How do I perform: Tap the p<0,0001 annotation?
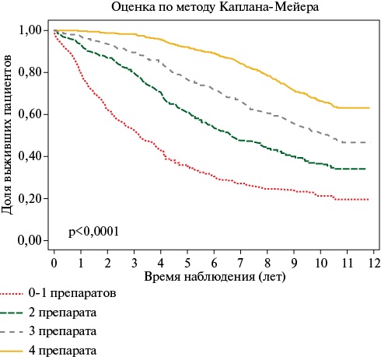[x=94, y=232]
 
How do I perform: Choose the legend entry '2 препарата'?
[x=63, y=313]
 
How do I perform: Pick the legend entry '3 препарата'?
[x=63, y=332]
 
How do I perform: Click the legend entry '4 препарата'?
[x=63, y=351]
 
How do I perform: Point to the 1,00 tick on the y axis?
[x=30, y=30]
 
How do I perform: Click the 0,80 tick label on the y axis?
[x=30, y=72]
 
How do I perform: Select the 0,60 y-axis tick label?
[x=30, y=114]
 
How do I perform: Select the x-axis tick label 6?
[x=214, y=262]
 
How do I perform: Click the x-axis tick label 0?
[x=54, y=262]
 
